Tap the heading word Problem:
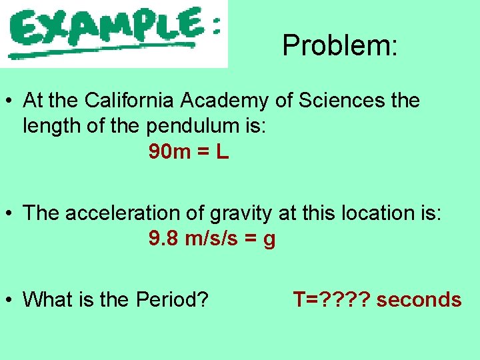340,45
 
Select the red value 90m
169,152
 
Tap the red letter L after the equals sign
222,152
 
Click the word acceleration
121,213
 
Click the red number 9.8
163,239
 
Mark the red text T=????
331,300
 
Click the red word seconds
419,300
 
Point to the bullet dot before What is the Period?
9,301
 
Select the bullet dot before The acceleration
9,214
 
